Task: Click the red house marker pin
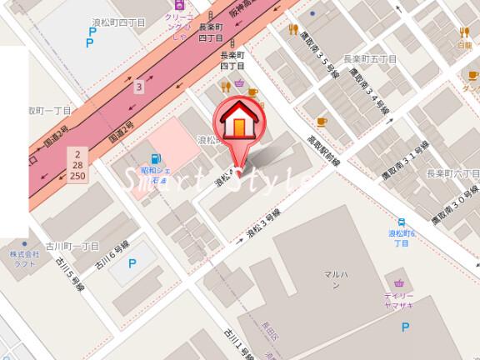[x=239, y=125]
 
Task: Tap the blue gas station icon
[x=154, y=159]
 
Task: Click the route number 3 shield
[x=139, y=86]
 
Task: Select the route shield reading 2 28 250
[x=78, y=166]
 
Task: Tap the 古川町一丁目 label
[x=73, y=247]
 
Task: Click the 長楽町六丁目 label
[x=452, y=173]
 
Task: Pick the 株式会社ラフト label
[x=25, y=258]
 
